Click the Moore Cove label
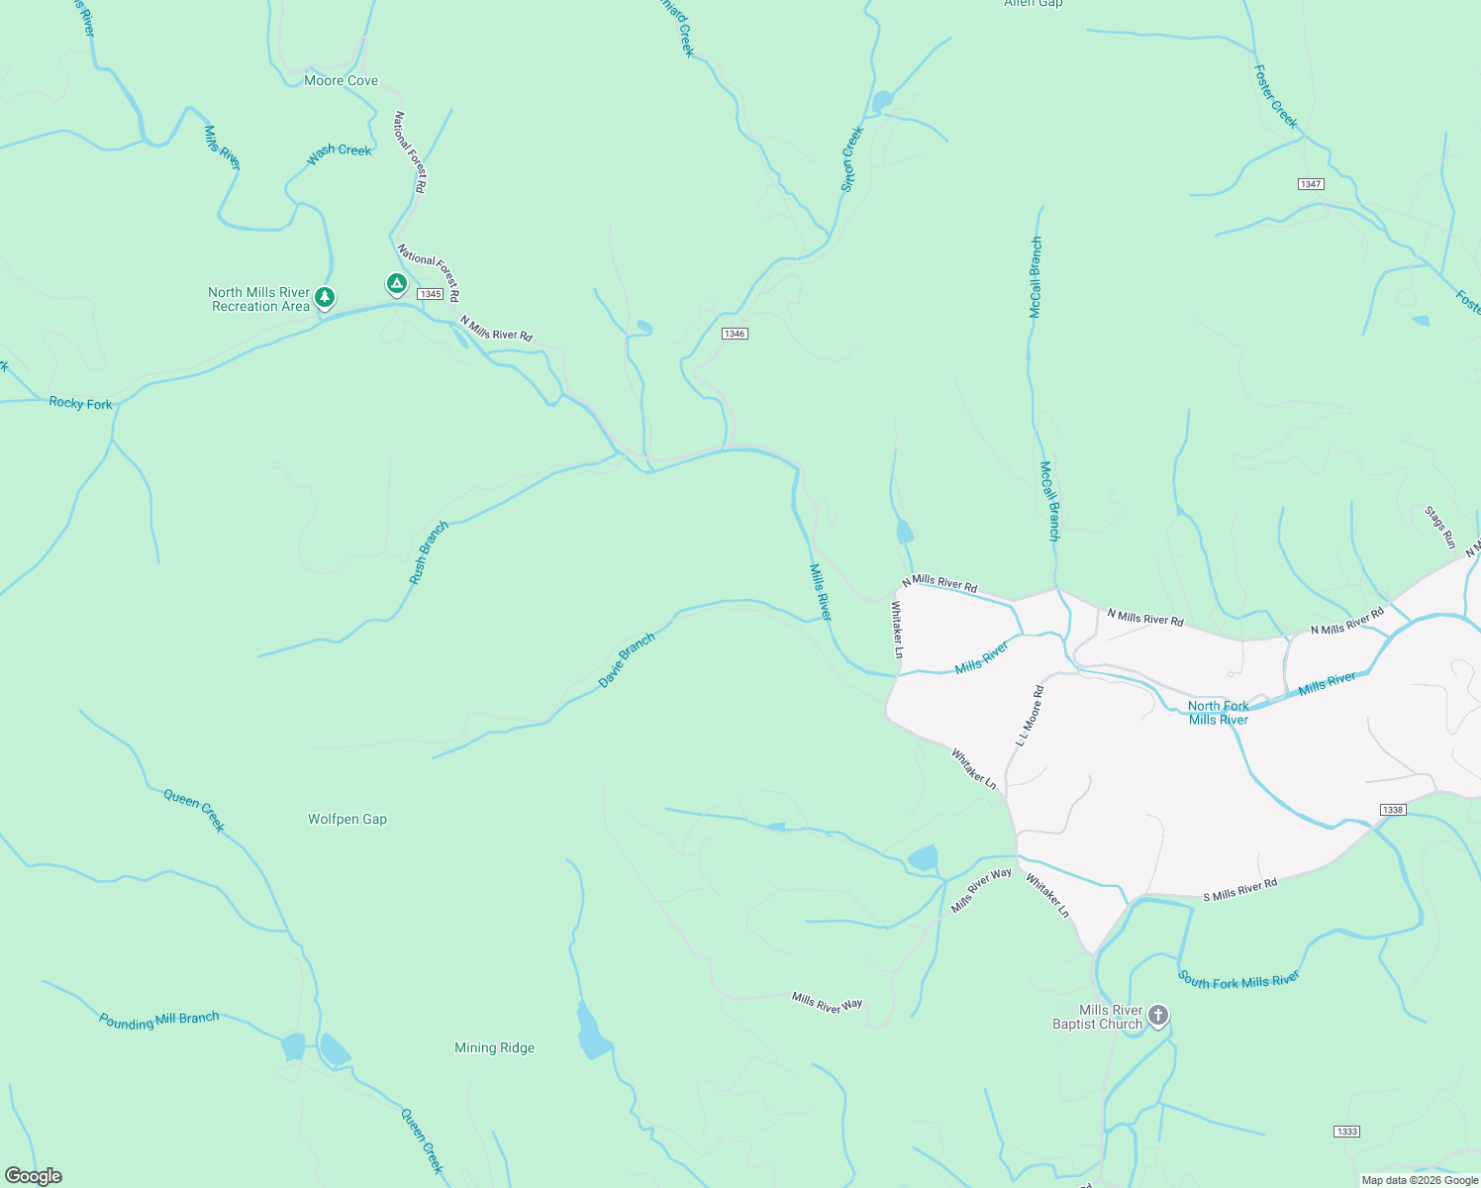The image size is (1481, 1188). point(341,81)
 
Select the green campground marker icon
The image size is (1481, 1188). point(396,285)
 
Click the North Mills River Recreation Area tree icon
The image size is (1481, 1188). point(325,297)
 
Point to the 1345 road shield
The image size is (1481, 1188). point(430,294)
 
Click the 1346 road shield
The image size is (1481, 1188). point(734,334)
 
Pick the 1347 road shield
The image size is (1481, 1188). point(1311,184)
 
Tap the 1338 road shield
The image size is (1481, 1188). point(1393,810)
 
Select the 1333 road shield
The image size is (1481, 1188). point(1346,1132)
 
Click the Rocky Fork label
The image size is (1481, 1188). point(80,404)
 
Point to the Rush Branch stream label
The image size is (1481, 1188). point(429,552)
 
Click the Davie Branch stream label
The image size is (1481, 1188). point(627,660)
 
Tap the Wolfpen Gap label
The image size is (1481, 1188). point(347,820)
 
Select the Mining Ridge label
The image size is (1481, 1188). point(494,1048)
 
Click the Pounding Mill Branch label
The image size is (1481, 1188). point(158,1021)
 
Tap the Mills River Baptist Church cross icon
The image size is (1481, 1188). point(1158,1016)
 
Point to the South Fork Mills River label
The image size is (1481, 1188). point(1238,980)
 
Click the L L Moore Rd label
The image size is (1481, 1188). point(1029,716)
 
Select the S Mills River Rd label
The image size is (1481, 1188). point(1240,890)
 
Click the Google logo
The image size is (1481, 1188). point(34,1176)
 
